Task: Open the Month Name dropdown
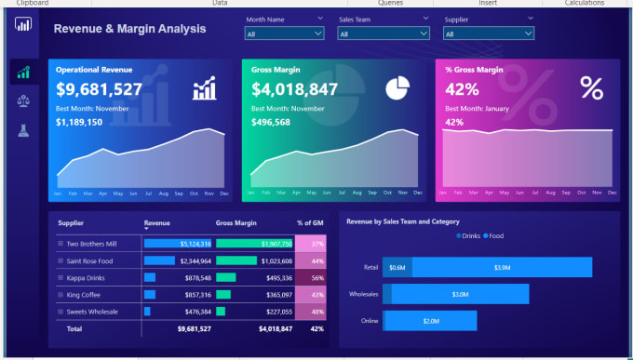[284, 33]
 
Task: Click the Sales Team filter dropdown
[383, 33]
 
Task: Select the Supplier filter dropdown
[488, 33]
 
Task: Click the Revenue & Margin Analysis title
[130, 29]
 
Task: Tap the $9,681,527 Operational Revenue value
[99, 89]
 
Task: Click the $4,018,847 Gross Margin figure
[294, 89]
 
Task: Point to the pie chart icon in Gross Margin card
[397, 88]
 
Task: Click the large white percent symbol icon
[591, 88]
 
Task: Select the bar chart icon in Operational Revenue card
[205, 89]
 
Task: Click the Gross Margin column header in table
[236, 223]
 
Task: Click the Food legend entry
[494, 236]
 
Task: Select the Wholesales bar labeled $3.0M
[460, 294]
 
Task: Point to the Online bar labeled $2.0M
[430, 321]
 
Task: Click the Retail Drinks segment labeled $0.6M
[397, 268]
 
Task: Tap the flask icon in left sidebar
[22, 130]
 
